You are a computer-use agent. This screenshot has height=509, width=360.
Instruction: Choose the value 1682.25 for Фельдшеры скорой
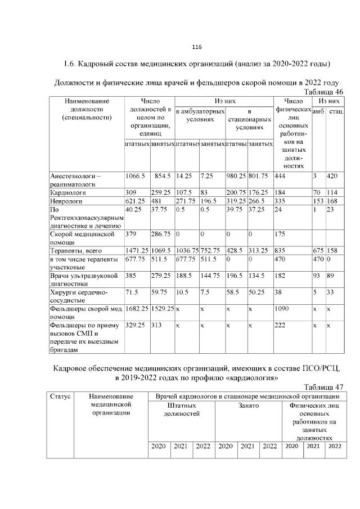tap(137, 309)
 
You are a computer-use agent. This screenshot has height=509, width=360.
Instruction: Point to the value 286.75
tap(161, 233)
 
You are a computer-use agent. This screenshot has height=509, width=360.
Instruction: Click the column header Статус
tap(60, 397)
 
